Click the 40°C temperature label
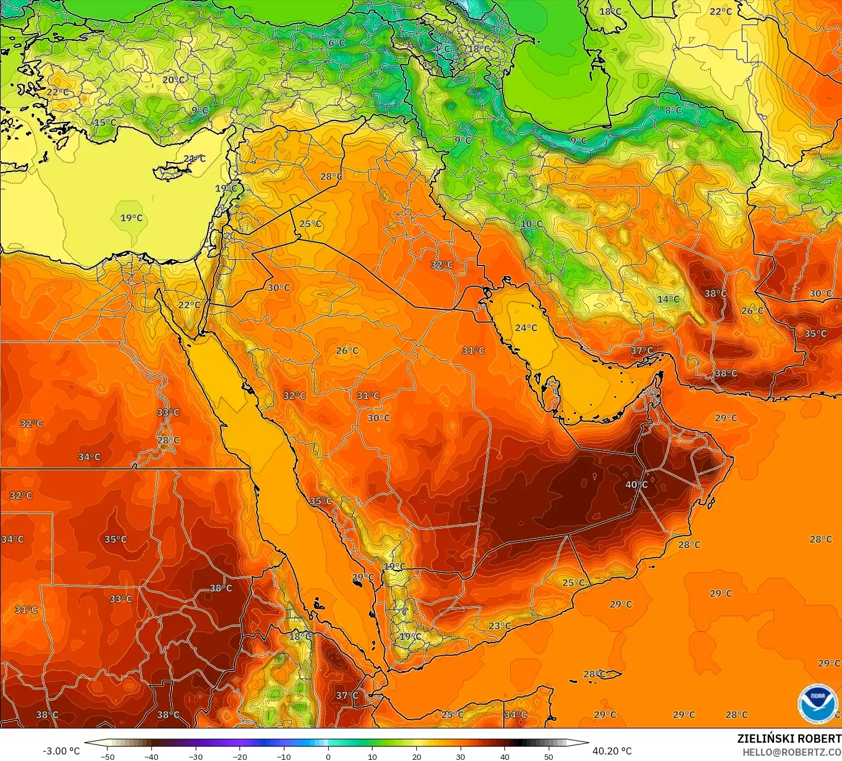[636, 484]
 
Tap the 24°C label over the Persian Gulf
[526, 328]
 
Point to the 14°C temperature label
[668, 299]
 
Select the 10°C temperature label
[531, 224]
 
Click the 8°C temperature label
[673, 110]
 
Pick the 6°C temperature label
[336, 43]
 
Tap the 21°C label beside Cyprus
[194, 158]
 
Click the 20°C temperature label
[173, 80]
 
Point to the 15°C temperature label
[105, 122]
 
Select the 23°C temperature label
[500, 626]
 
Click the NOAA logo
[818, 703]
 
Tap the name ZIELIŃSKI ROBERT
[789, 739]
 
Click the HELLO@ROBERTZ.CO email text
[792, 752]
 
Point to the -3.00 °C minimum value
[61, 751]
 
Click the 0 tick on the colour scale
[328, 756]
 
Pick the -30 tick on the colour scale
[196, 756]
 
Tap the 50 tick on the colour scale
[549, 756]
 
